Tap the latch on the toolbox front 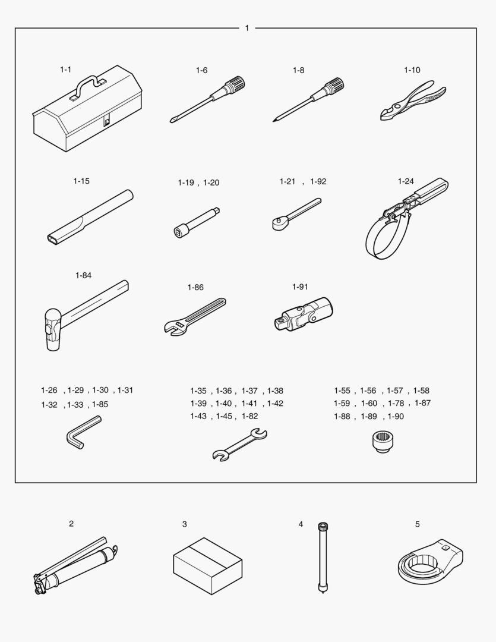point(107,121)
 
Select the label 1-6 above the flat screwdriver point(201,70)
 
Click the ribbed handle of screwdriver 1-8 point(334,87)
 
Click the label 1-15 point(81,181)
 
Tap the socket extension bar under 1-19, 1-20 point(197,222)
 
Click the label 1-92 point(318,181)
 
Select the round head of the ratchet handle point(278,223)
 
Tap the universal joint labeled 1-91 point(304,314)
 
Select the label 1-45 point(224,416)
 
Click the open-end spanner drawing point(240,445)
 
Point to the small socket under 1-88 point(381,442)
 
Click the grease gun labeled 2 point(75,565)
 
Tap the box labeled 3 point(207,566)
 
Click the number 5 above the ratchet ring point(418,524)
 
